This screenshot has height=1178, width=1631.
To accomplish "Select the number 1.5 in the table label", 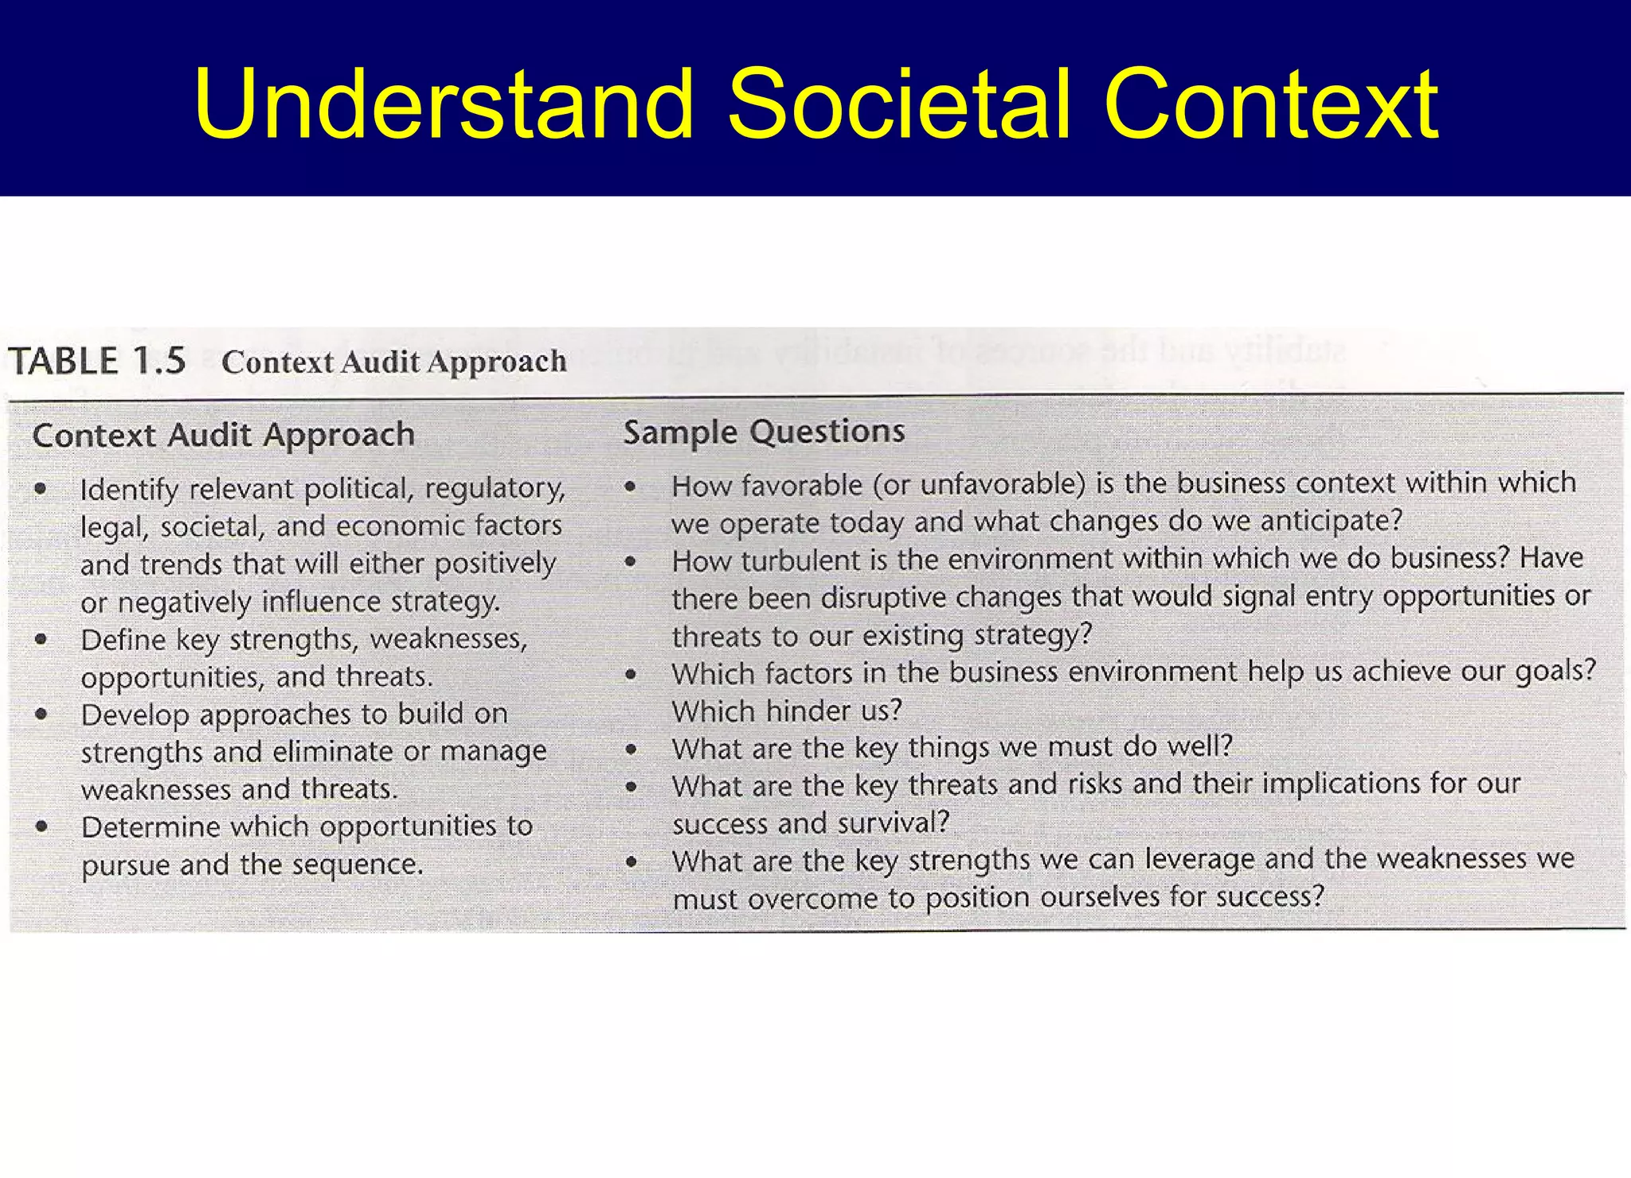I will (159, 361).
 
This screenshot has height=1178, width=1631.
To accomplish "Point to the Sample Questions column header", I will (764, 432).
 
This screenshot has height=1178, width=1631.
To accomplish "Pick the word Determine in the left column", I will (151, 827).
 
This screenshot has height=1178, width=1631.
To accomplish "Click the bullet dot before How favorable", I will (631, 486).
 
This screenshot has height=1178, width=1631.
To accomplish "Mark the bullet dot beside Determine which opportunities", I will (42, 827).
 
